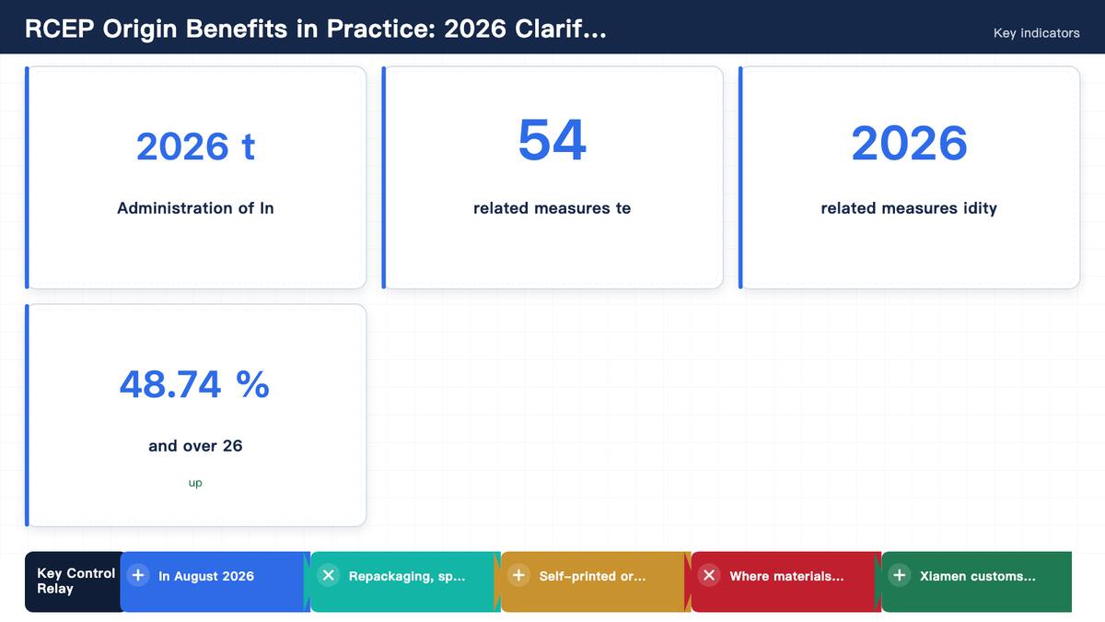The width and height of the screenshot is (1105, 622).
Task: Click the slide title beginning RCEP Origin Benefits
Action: tap(316, 29)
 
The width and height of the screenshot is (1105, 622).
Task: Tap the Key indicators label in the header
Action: tap(1037, 33)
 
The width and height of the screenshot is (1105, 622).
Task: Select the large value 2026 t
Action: tap(195, 147)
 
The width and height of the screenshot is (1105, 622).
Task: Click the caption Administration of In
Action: tap(195, 208)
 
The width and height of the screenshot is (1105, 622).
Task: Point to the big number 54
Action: tap(552, 140)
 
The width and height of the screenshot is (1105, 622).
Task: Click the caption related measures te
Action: tap(552, 208)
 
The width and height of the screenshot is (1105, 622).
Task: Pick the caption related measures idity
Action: tap(909, 208)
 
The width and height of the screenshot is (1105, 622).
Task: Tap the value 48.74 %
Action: tap(194, 384)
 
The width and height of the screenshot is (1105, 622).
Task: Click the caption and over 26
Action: tap(195, 446)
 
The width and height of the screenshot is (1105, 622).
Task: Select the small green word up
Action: tap(195, 483)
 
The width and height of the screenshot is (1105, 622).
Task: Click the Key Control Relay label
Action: tap(76, 581)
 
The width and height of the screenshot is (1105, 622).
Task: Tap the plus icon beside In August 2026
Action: tap(138, 576)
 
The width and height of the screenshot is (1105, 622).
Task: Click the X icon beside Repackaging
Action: tap(329, 576)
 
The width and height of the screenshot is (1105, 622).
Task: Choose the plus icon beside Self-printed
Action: tap(519, 576)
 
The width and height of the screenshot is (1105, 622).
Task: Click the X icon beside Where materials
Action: tap(709, 576)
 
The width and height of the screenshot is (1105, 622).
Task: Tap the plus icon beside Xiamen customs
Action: tap(900, 576)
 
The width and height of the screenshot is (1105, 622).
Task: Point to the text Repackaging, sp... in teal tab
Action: tap(406, 576)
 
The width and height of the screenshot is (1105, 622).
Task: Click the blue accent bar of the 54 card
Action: tap(384, 177)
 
